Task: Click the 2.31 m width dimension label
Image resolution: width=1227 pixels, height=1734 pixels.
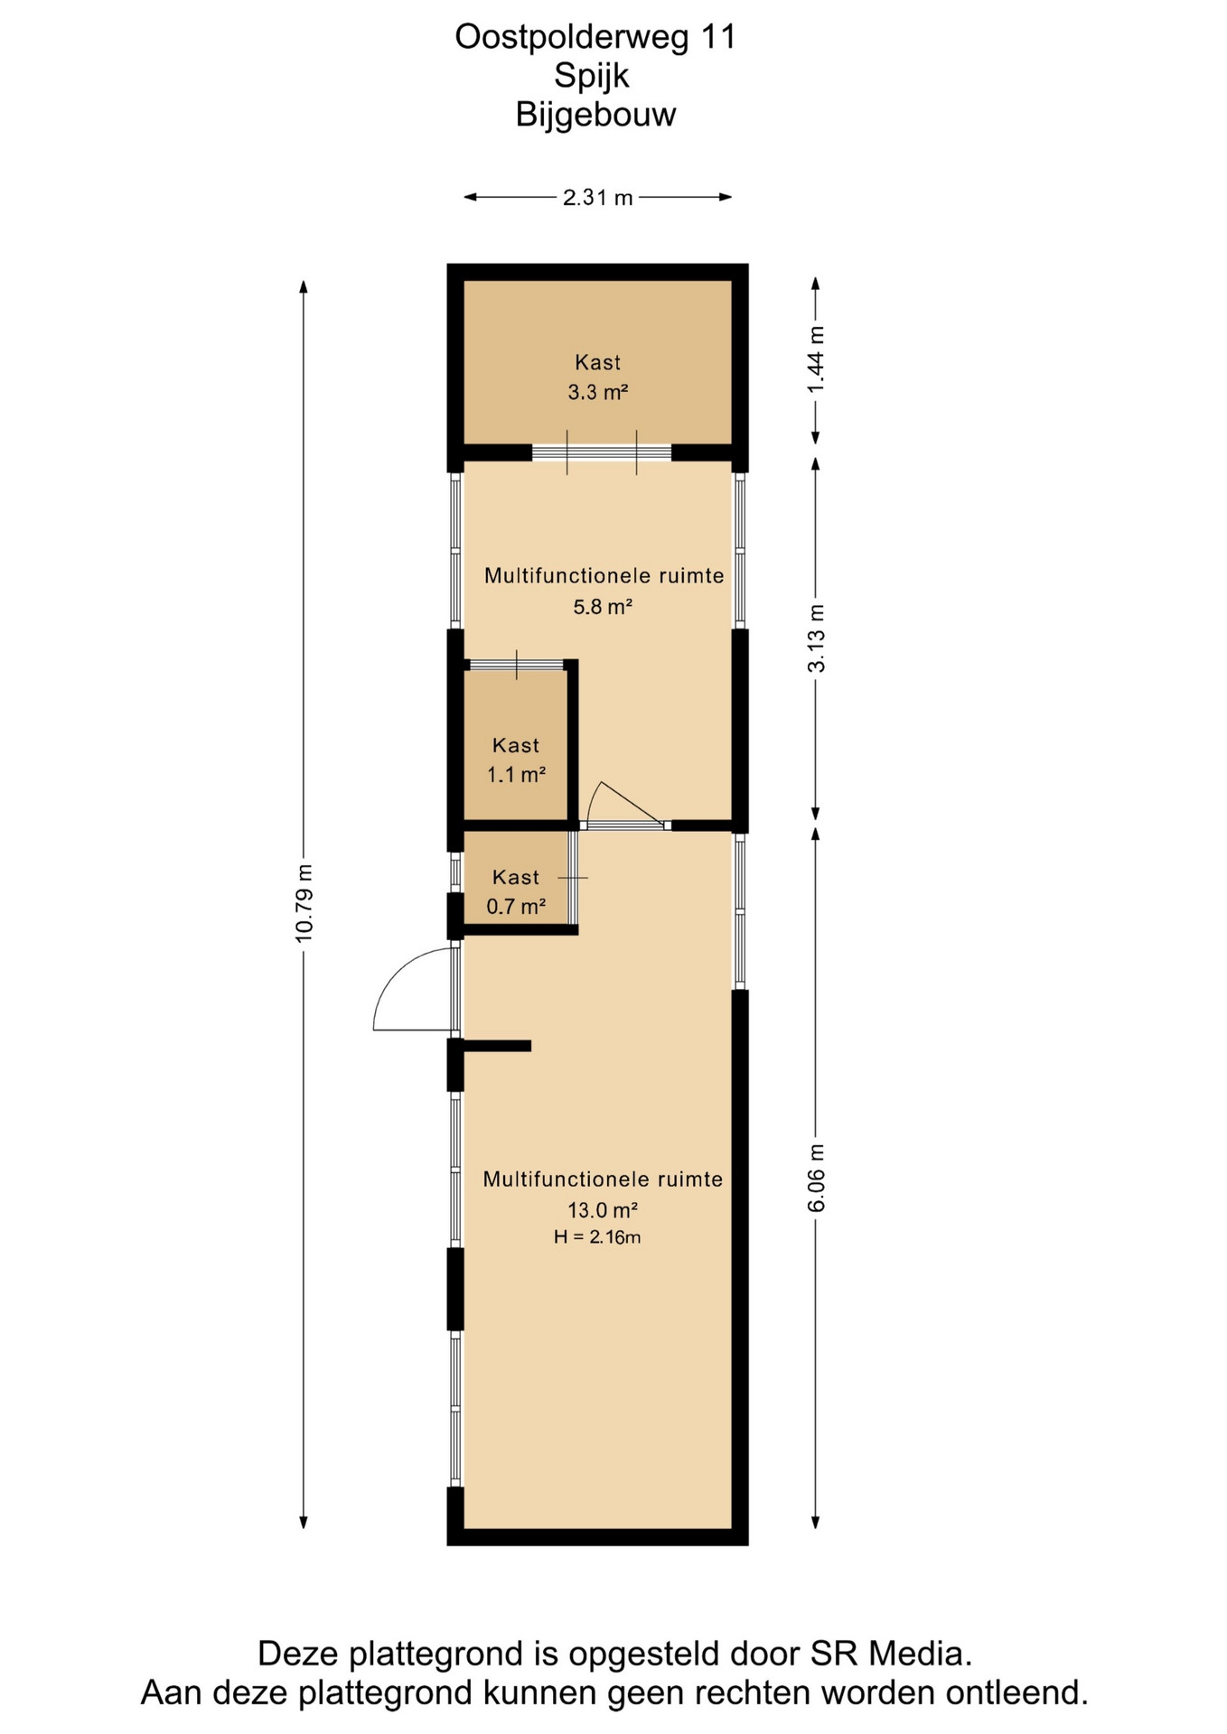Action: coord(597,197)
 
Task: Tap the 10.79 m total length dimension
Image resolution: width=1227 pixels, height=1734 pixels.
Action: coord(304,903)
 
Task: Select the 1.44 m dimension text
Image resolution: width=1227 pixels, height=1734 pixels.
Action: coord(816,359)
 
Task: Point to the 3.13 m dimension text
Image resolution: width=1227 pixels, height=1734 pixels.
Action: coord(816,639)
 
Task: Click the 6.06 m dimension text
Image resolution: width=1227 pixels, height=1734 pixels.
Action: coord(816,1178)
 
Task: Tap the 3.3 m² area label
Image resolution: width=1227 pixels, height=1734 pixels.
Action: coord(597,392)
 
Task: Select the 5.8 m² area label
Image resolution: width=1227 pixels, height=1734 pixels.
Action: coord(603,606)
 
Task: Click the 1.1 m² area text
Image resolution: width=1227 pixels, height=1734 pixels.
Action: coord(516,774)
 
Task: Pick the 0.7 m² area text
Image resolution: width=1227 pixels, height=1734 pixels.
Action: coord(516,906)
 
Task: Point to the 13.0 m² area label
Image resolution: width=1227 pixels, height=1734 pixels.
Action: coord(603,1209)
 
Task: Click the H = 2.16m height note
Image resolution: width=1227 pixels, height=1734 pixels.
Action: coord(597,1237)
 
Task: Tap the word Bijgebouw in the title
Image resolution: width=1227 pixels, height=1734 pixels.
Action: coord(595,115)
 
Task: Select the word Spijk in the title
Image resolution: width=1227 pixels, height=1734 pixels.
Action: coord(592,76)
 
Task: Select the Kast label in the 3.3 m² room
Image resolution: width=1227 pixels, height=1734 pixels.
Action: coord(597,362)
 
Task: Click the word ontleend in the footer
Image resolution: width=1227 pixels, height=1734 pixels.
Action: coord(1016,1692)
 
